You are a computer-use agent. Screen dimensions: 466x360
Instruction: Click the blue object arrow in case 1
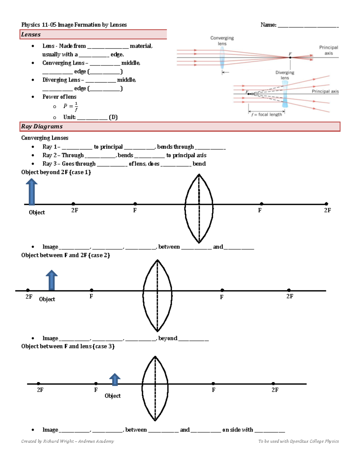click(31, 192)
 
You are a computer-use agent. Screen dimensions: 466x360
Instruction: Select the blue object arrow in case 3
click(115, 380)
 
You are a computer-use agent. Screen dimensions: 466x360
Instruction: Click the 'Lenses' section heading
click(31, 35)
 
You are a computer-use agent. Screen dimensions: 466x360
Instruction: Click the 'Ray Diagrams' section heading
click(42, 126)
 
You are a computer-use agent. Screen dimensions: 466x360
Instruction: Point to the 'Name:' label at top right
click(268, 25)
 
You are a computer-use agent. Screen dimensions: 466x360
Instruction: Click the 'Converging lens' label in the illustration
click(222, 41)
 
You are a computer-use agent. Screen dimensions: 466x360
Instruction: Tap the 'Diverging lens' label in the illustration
click(285, 75)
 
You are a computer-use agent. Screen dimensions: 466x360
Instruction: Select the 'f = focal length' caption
click(267, 114)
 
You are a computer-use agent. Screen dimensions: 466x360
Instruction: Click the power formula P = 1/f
click(70, 106)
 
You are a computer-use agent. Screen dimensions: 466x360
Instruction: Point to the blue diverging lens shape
click(285, 94)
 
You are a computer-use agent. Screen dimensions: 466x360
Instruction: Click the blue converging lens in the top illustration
click(222, 58)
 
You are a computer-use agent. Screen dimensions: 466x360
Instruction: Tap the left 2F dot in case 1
click(73, 204)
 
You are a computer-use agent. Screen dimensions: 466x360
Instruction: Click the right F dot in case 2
click(222, 290)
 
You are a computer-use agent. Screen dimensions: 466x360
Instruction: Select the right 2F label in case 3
click(275, 390)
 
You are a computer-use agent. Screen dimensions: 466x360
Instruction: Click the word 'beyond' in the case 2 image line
click(168, 338)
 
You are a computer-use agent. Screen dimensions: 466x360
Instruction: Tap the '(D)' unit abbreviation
click(113, 117)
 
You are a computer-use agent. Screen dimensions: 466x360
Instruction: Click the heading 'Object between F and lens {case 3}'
click(68, 346)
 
